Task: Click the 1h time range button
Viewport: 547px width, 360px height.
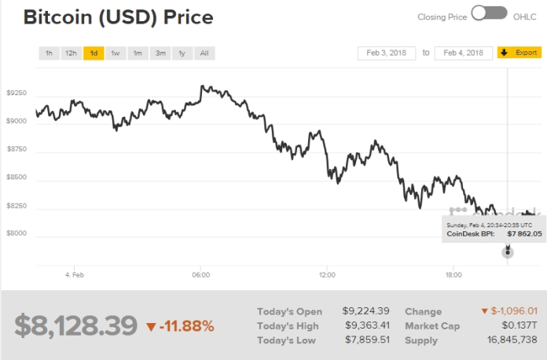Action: point(49,53)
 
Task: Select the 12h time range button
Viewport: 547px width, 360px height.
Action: point(71,53)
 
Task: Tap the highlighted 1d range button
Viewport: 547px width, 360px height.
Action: point(94,53)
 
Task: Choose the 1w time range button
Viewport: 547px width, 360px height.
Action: point(116,53)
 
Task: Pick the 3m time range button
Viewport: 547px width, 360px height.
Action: point(160,53)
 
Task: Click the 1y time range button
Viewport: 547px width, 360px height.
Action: point(182,53)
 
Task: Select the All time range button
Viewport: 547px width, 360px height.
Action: point(204,53)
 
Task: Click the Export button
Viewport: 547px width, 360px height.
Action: point(519,53)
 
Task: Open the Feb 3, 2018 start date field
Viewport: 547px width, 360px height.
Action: point(386,53)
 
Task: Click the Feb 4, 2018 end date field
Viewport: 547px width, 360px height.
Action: point(463,53)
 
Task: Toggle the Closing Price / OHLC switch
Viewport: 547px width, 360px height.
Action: point(489,13)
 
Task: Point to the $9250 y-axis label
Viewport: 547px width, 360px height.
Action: point(17,94)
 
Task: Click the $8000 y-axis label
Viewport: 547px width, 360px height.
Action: point(17,233)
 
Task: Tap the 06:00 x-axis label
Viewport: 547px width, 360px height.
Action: point(200,275)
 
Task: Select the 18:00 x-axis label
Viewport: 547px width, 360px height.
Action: point(453,275)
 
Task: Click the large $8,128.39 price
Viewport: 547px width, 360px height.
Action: point(75,325)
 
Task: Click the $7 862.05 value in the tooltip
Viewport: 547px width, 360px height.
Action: point(523,233)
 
